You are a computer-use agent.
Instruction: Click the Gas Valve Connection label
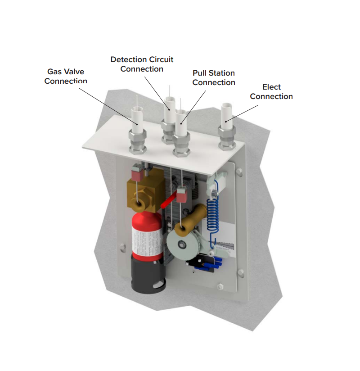pos(66,76)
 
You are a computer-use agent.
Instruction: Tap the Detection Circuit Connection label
pos(142,64)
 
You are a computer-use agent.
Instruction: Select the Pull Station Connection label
pos(214,77)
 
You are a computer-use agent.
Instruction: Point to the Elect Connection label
pos(271,91)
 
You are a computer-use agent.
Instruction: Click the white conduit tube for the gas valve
pos(137,119)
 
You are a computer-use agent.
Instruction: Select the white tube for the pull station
pos(181,122)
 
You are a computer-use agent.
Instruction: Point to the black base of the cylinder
pos(148,274)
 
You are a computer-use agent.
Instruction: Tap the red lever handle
pos(169,200)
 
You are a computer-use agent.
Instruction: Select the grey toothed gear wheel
pos(182,244)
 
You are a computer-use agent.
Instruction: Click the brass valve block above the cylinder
pos(145,193)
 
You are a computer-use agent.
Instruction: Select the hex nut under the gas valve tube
pos(137,142)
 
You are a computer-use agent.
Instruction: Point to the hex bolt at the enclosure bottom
pos(220,286)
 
